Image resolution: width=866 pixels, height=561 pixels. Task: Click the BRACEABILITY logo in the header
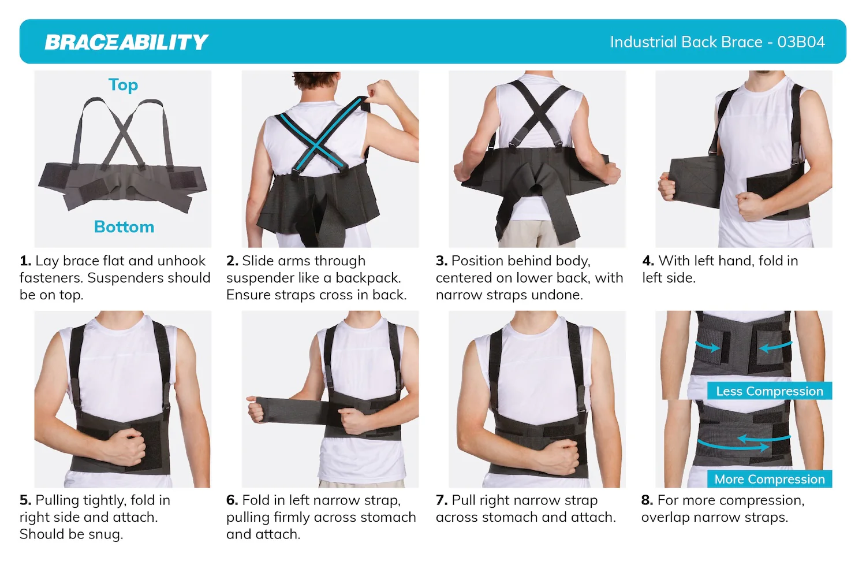126,42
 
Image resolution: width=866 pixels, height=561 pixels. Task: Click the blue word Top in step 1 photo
123,85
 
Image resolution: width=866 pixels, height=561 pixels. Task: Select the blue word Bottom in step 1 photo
124,227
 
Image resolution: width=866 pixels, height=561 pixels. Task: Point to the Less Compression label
769,391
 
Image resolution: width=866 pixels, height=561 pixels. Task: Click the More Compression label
769,479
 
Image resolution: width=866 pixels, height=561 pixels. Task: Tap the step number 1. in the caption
25,261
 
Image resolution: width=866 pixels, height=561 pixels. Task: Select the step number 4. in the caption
648,261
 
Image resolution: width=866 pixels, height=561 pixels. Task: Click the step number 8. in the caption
647,500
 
